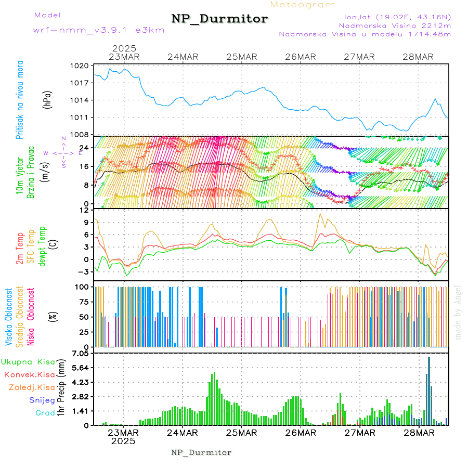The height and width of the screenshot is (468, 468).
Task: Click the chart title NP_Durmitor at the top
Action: [219, 19]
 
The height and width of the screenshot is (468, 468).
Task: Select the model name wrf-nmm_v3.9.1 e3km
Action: [98, 30]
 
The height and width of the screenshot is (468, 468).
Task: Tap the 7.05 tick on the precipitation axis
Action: [81, 354]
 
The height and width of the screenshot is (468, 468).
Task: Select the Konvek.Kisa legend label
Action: [29, 374]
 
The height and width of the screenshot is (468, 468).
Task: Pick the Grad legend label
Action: [45, 413]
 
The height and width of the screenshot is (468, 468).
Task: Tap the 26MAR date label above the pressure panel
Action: [301, 57]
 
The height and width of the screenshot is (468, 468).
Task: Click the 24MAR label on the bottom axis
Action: [182, 433]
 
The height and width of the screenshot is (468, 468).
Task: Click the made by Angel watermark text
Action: [458, 312]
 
